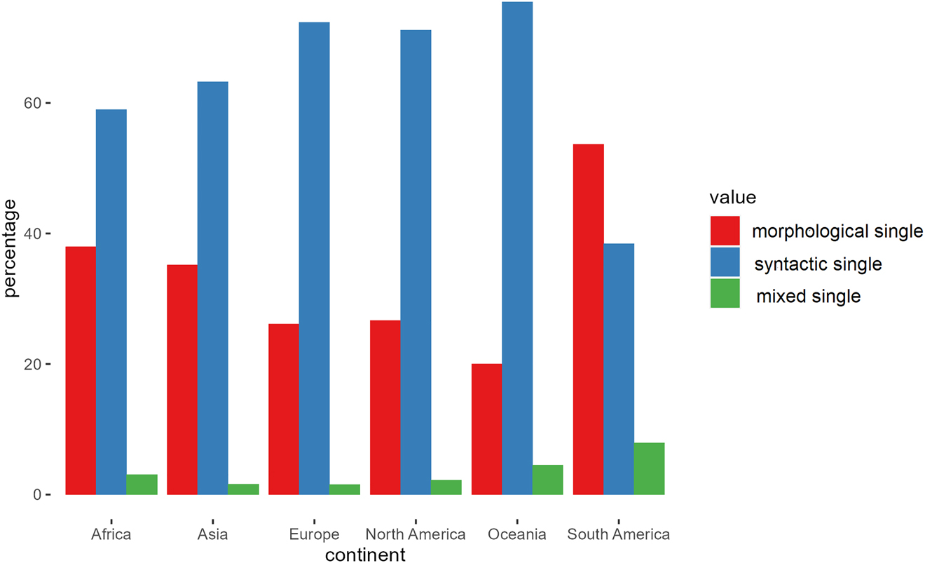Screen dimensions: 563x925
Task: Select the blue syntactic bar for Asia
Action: [x=212, y=288]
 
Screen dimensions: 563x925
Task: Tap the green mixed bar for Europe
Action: [x=345, y=489]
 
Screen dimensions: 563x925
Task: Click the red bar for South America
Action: [x=588, y=319]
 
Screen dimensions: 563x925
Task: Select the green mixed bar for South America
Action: [x=649, y=468]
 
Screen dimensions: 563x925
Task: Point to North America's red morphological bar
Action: [x=385, y=407]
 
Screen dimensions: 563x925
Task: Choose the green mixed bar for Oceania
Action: [x=547, y=480]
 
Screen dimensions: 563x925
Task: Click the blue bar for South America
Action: [x=619, y=369]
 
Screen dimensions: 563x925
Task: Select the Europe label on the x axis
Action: [x=314, y=534]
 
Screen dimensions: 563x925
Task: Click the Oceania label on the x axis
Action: [x=517, y=534]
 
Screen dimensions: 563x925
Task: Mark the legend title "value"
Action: [x=732, y=197]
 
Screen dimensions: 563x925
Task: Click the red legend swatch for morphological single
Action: [x=725, y=231]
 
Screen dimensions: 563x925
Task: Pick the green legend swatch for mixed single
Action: [x=725, y=294]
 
